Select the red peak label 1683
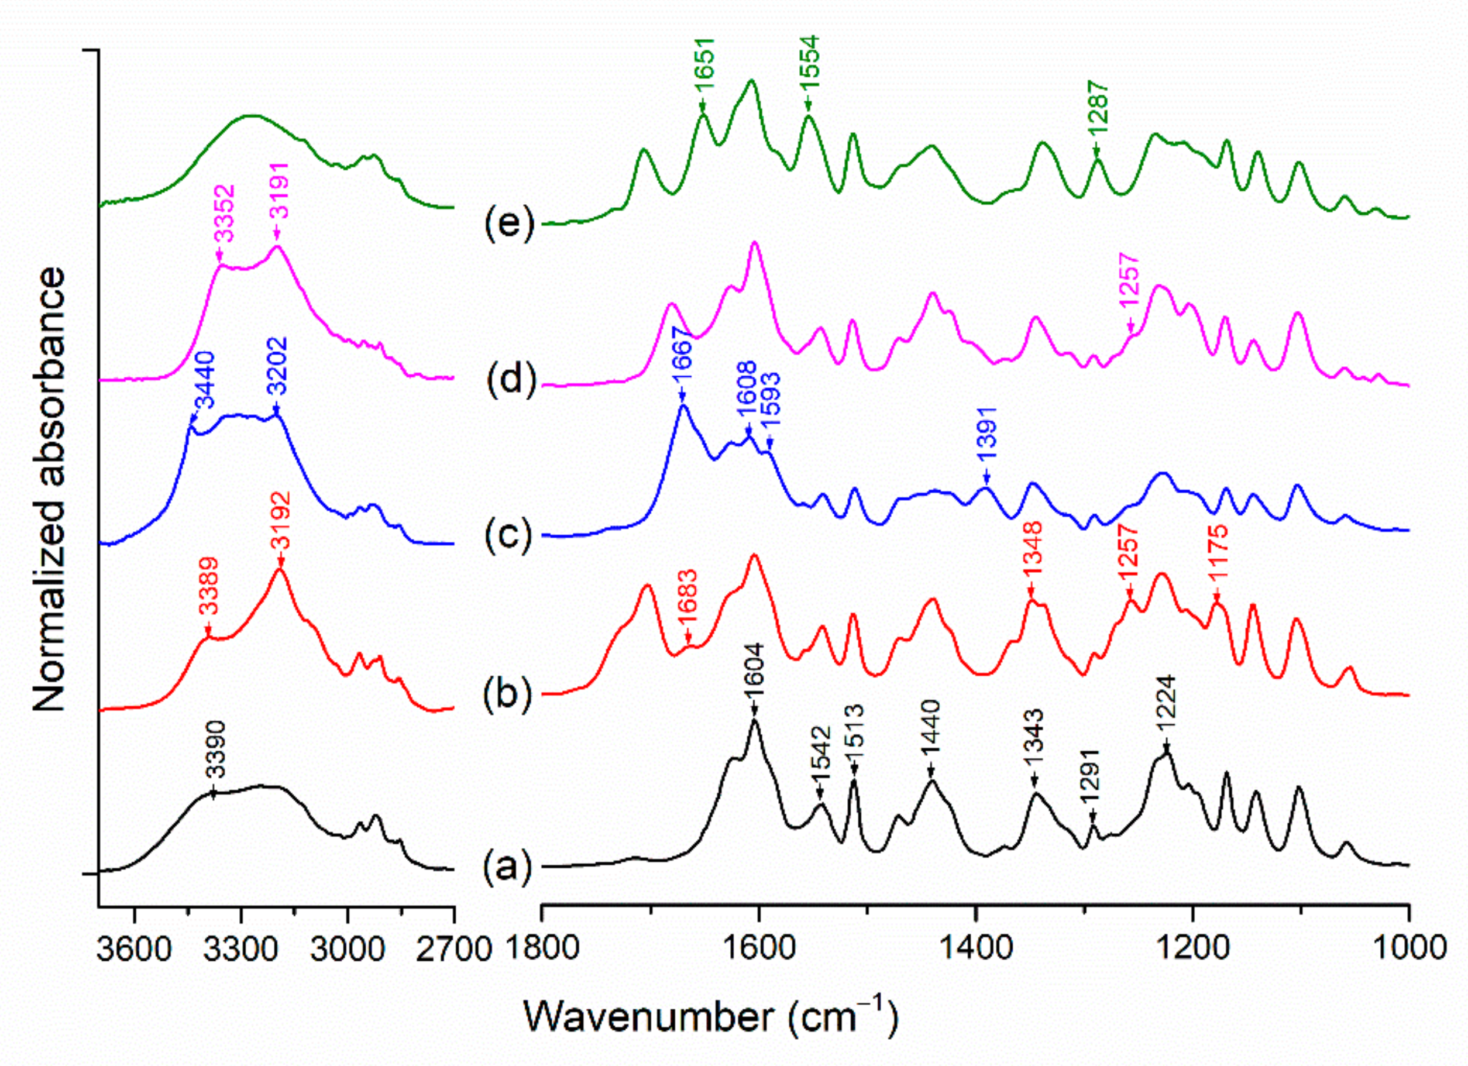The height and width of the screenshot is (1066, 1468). [691, 604]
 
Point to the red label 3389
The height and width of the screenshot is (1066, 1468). [208, 595]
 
